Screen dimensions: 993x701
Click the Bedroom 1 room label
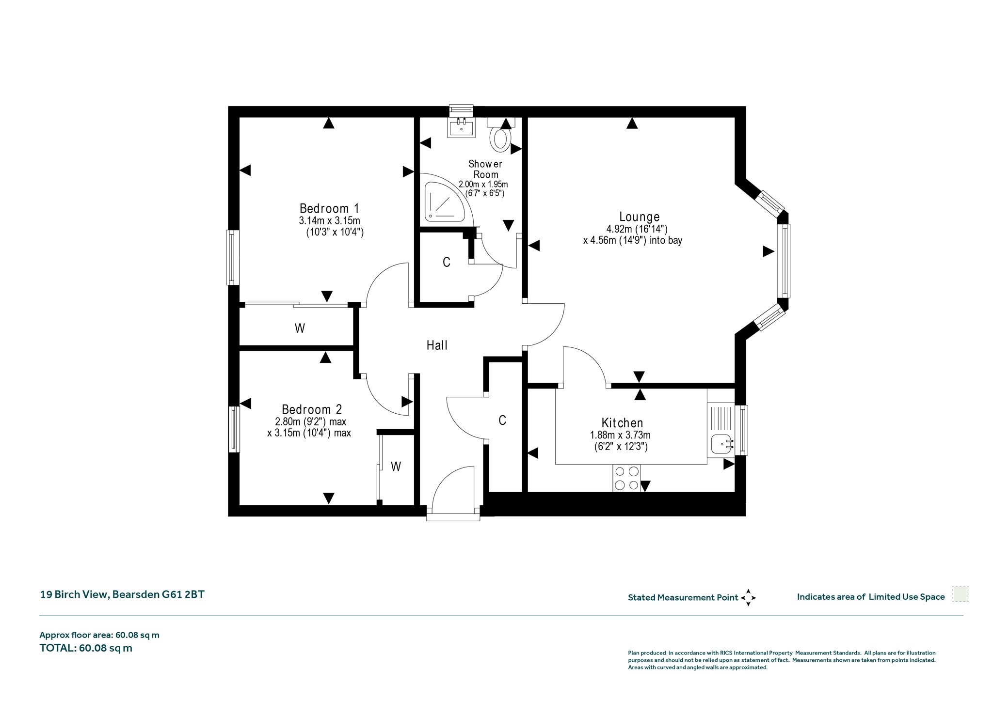point(329,209)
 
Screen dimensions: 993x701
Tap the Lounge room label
point(640,217)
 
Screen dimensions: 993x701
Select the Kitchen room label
point(622,423)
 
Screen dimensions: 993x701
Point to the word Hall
point(437,345)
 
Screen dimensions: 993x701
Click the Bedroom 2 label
point(312,410)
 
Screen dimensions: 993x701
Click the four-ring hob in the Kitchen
point(626,478)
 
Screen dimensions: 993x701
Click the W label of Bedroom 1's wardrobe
point(300,328)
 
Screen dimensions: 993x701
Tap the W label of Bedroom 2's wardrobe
point(396,467)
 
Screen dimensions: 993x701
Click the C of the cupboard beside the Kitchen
point(502,421)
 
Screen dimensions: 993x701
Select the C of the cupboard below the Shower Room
point(447,262)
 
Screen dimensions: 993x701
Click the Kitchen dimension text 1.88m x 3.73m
point(620,435)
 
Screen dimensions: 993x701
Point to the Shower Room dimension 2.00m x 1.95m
point(483,185)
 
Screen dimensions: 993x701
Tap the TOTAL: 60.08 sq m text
point(86,648)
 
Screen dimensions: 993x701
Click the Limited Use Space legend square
point(960,594)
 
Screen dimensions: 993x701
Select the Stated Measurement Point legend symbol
point(748,597)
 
